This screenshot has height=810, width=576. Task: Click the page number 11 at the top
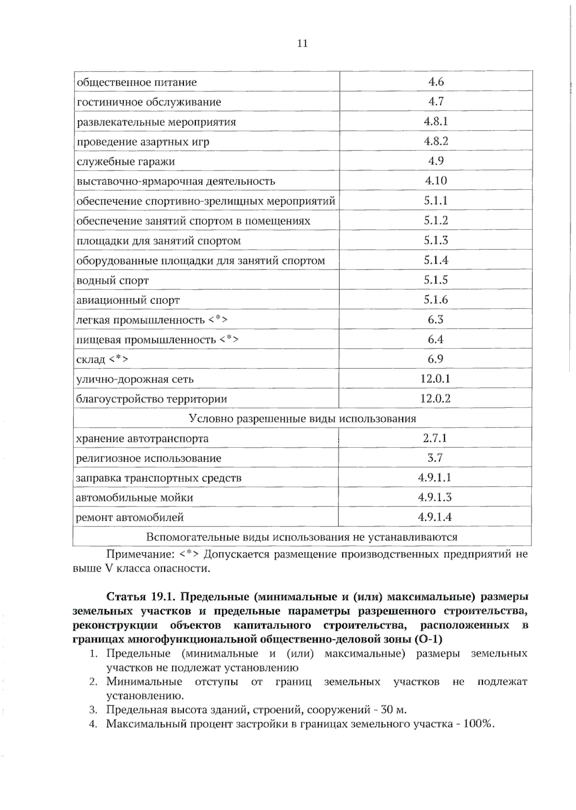[x=302, y=44]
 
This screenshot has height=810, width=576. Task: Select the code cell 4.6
[x=436, y=82]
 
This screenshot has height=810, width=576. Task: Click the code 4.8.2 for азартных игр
[x=436, y=141]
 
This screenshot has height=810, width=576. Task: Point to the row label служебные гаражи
[x=126, y=161]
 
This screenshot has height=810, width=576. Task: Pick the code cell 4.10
[x=436, y=181]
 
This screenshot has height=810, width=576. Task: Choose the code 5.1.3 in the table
[x=436, y=240]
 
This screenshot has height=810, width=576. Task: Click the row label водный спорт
[x=113, y=280]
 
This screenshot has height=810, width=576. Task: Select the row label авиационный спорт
[x=128, y=300]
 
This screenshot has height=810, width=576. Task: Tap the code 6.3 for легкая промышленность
[x=436, y=319]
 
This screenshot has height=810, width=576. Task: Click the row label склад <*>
[x=102, y=359]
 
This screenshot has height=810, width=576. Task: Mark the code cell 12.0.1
[x=435, y=379]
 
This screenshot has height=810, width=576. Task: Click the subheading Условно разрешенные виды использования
[x=302, y=418]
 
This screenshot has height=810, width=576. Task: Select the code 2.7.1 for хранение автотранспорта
[x=435, y=438]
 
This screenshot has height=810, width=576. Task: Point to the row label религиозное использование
[x=149, y=458]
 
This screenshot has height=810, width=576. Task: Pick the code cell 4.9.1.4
[x=435, y=517]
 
